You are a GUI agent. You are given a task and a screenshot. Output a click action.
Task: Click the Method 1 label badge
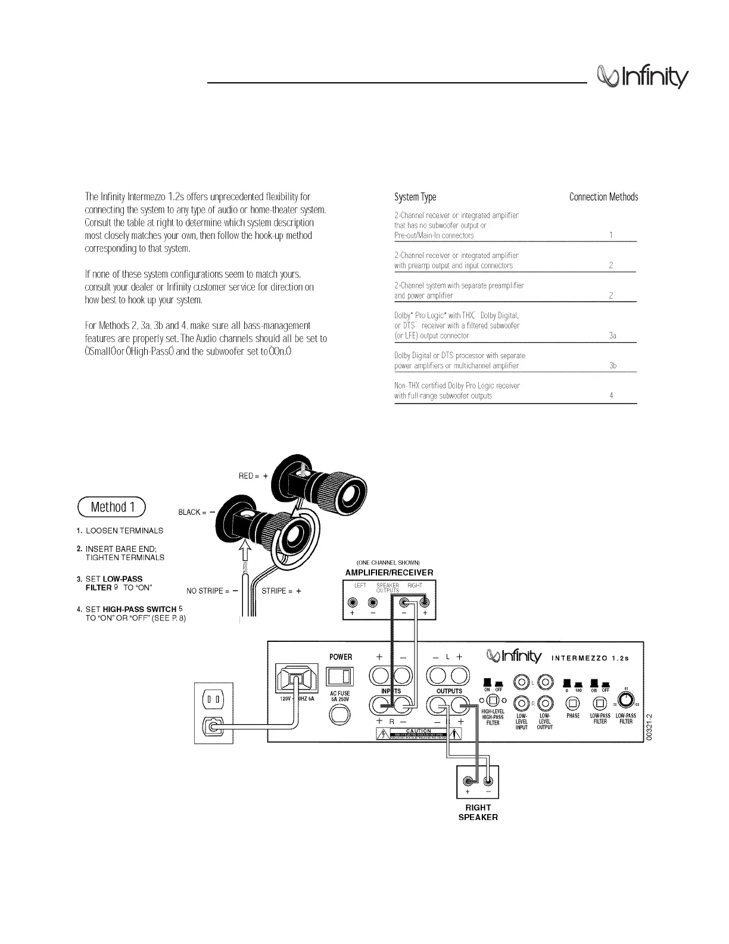112,507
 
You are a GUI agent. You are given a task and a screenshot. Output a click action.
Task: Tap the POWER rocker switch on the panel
340,676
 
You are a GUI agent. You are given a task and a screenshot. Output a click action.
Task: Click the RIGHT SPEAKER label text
478,812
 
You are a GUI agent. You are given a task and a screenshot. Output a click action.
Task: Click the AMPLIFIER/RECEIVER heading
390,573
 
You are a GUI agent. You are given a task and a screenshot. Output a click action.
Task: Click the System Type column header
415,197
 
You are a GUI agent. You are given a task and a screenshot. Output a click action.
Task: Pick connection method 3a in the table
612,336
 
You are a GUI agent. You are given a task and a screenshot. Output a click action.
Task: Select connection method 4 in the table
612,396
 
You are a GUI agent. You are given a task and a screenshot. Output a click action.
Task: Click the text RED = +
253,476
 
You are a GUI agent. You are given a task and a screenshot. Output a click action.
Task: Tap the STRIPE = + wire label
281,591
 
